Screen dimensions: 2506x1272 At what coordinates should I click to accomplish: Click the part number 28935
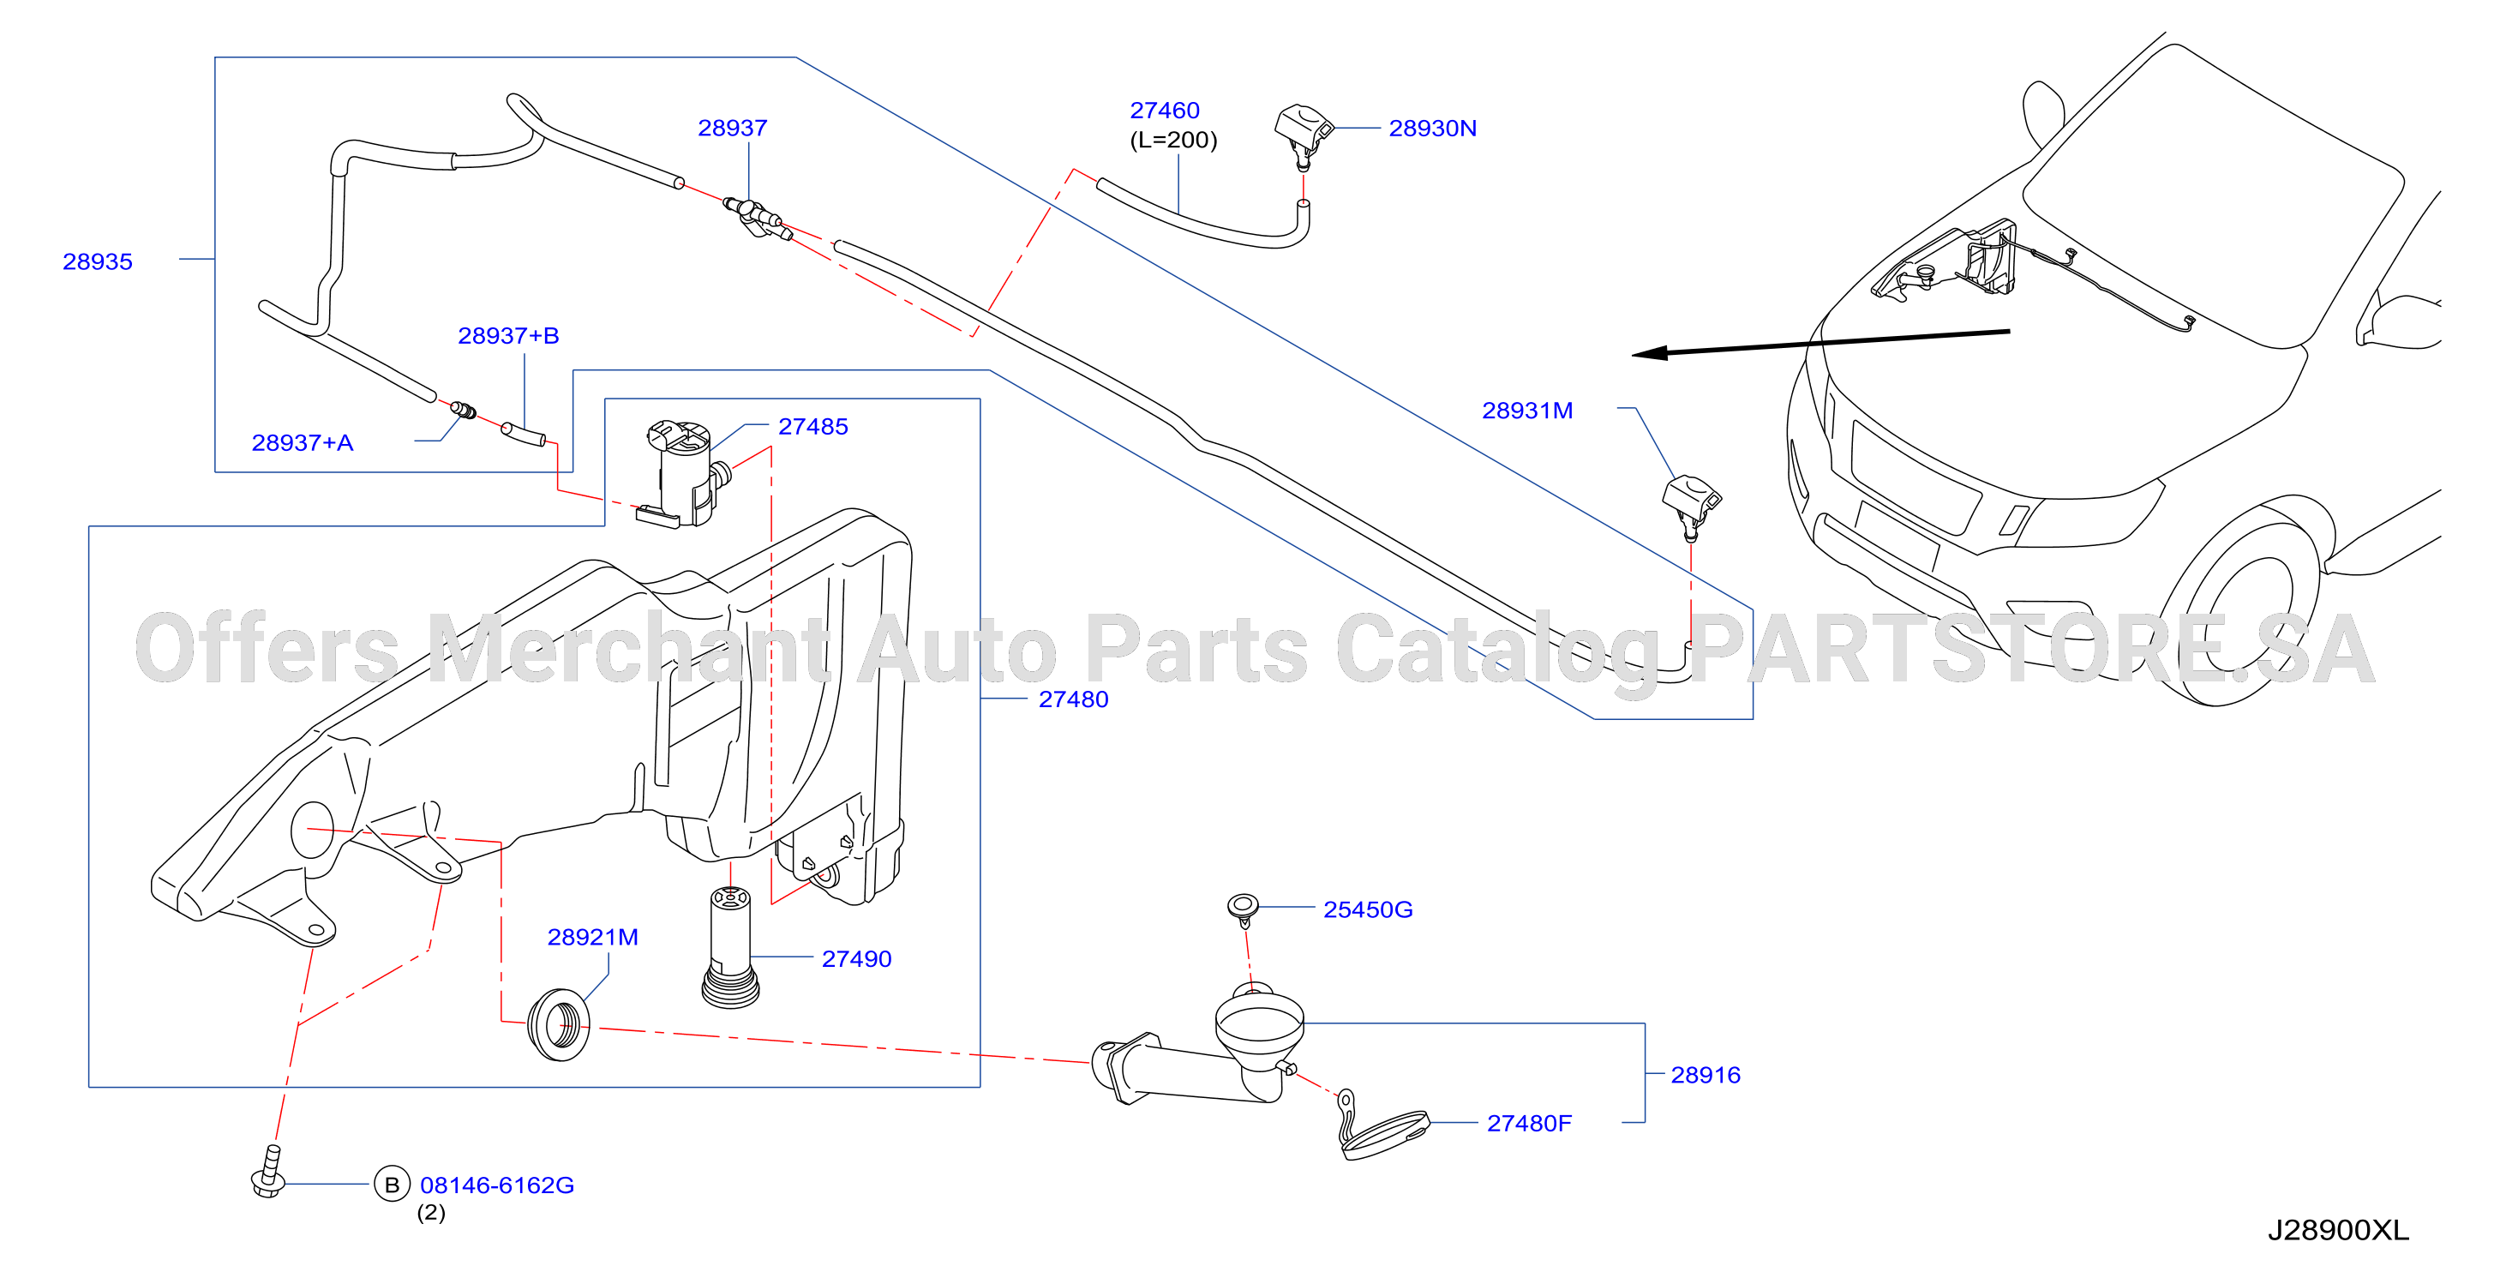coord(98,261)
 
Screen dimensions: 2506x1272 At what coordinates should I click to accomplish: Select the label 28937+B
coord(508,335)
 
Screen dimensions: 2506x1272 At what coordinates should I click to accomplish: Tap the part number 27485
coord(812,426)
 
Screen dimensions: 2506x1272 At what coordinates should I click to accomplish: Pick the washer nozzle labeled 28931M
coord(1691,505)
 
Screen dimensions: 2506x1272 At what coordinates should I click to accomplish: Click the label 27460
coord(1165,110)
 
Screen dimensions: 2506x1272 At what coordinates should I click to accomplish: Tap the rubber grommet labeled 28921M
coord(559,1025)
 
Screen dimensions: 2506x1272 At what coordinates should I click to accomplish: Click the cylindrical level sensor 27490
coord(729,946)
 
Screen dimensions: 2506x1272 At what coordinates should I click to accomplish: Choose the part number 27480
coord(1073,699)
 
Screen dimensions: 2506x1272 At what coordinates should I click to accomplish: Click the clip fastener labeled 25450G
coord(1243,909)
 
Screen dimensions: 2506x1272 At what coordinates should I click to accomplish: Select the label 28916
coord(1706,1075)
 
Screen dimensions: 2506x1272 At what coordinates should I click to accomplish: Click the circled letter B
coord(392,1185)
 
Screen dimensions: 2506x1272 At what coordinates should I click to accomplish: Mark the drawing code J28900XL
coord(2339,1230)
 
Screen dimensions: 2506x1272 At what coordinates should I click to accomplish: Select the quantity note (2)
coord(431,1213)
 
